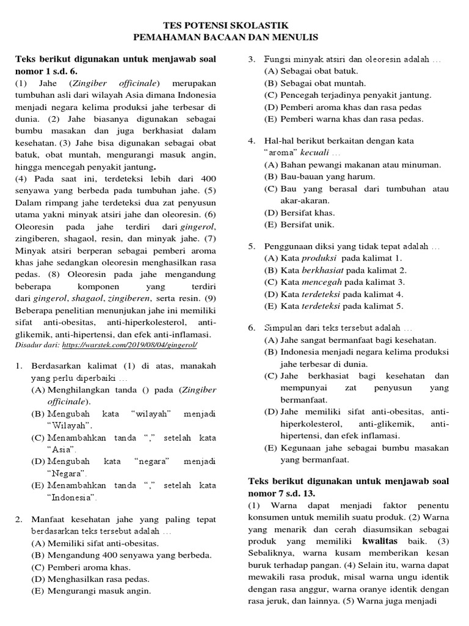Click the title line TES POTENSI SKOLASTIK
click(x=234, y=26)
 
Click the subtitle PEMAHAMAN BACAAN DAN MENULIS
click(x=234, y=37)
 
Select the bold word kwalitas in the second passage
click(x=380, y=541)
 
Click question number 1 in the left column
click(x=19, y=366)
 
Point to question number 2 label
click(x=19, y=520)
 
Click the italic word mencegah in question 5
click(x=323, y=282)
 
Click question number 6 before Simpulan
click(x=251, y=328)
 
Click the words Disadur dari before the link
click(x=37, y=345)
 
